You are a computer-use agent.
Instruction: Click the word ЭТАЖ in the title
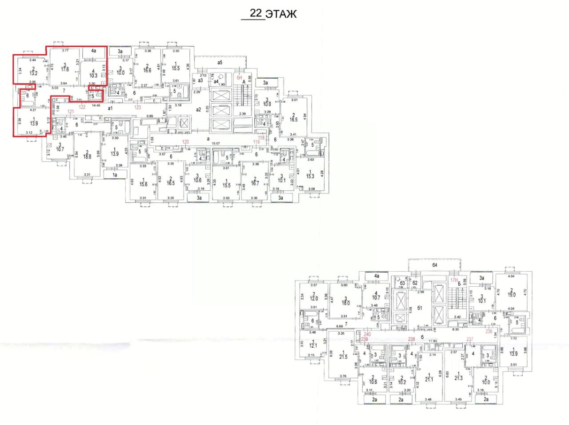coord(281,14)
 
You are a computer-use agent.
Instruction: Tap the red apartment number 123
coord(138,107)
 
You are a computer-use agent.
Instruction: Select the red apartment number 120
coord(185,142)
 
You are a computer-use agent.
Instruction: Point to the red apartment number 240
coord(367,334)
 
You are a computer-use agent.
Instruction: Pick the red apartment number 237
coord(470,339)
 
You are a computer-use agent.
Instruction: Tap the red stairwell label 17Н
coord(454,280)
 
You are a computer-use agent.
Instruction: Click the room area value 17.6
coord(65,69)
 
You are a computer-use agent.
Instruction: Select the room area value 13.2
coord(33,73)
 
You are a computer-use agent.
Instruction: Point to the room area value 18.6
coord(87,156)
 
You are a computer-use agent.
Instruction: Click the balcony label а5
coord(220,63)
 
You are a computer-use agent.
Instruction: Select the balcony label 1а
coord(114,176)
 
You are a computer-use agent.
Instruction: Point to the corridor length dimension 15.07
coord(216,143)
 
